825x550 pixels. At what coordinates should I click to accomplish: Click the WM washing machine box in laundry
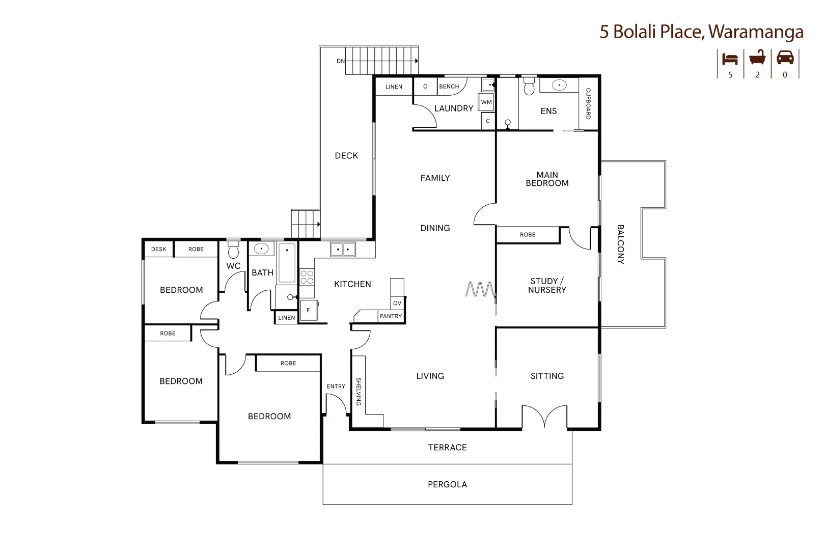click(x=486, y=102)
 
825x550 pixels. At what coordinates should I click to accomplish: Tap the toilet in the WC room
click(x=233, y=250)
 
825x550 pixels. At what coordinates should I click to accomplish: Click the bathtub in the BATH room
click(x=287, y=263)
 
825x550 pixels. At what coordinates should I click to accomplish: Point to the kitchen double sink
click(x=343, y=250)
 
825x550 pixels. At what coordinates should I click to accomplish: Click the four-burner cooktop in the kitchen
click(x=307, y=277)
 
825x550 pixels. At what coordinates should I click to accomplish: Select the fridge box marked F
click(x=308, y=310)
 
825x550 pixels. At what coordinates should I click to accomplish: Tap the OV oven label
click(x=397, y=303)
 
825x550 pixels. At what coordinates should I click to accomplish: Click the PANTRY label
click(x=391, y=316)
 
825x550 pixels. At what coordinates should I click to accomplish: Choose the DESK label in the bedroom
click(x=158, y=249)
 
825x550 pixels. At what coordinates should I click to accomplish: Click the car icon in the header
click(x=785, y=58)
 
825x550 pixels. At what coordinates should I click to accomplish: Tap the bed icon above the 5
click(x=730, y=59)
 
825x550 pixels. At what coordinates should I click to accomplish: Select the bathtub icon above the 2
click(x=757, y=58)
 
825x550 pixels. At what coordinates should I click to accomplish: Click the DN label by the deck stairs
click(x=340, y=61)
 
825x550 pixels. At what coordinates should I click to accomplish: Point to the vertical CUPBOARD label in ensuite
click(x=588, y=104)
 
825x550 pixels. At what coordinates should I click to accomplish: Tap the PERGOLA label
click(x=447, y=484)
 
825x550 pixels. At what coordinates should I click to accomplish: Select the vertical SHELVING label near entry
click(x=358, y=391)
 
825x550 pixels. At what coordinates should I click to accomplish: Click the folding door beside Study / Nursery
click(x=480, y=289)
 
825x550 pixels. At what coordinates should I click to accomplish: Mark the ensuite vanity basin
click(x=559, y=85)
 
